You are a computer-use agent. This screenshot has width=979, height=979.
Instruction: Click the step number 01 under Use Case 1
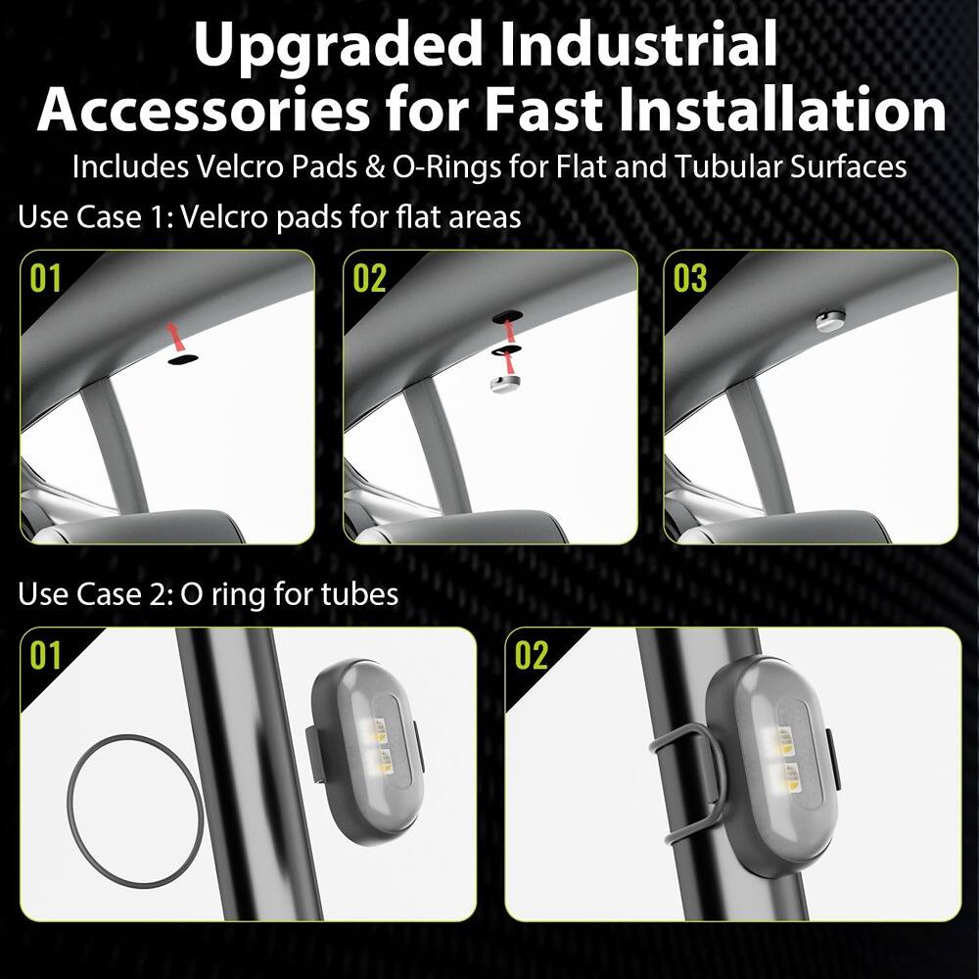(45, 278)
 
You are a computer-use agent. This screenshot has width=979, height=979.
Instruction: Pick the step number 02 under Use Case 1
(369, 278)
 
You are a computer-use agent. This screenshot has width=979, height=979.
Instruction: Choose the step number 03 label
(690, 278)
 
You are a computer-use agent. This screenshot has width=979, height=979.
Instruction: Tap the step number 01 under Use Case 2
(45, 655)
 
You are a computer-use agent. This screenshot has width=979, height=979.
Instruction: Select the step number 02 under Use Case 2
(532, 655)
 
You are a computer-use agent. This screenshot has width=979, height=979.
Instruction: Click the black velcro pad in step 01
(182, 359)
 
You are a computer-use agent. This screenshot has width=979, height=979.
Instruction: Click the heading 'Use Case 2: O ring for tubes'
(208, 593)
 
